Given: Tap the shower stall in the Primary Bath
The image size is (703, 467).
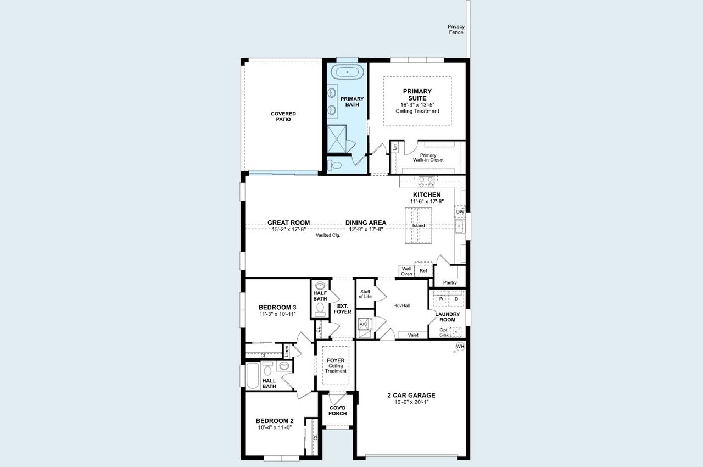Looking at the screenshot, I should pos(337,138).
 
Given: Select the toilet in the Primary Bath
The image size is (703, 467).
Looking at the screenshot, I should pos(334,164).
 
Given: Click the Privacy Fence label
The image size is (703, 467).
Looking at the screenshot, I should pos(456,29).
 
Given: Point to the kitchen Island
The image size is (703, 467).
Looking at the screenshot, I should pos(419,225).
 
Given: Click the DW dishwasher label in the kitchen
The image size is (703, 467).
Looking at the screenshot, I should pos(460,212).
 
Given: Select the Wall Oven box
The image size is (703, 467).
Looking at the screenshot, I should pos(406,271).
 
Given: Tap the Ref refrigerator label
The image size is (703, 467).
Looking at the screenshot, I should pos(423,271).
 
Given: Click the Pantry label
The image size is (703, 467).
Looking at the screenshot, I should pos(450,282).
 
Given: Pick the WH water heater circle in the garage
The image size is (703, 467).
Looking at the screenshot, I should pos(460,346).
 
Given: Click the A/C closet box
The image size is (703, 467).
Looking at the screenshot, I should pos(364,324).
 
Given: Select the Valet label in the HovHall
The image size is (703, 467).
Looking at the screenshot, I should pos(413,335).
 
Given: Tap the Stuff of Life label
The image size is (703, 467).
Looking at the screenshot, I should pos(365,293).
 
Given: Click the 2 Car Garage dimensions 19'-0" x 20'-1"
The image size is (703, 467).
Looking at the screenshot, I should pos(411,402).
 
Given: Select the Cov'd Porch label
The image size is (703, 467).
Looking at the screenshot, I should pos(337,410).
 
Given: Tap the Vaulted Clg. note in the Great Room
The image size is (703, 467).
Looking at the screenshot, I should pos(328,235).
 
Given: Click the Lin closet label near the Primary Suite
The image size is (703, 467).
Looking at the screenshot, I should pos(394,147).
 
